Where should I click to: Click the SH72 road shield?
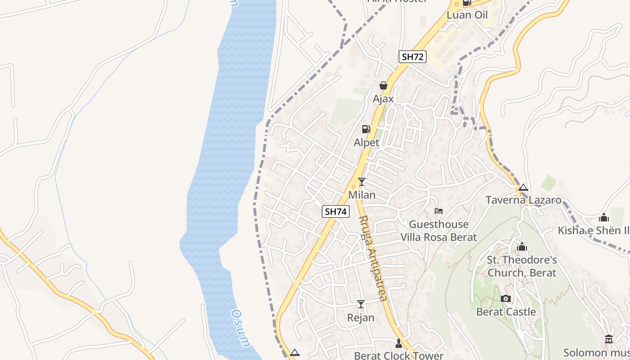[412, 57]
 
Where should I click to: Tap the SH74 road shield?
[336, 211]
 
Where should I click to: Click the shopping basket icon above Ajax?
[383, 85]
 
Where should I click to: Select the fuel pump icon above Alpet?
[366, 129]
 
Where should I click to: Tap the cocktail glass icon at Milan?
[361, 182]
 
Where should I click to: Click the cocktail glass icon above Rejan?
[360, 304]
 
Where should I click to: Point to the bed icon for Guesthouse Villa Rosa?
[438, 211]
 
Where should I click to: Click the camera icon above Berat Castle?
[506, 298]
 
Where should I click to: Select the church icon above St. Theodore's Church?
[522, 247]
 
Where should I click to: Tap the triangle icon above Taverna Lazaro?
[523, 187]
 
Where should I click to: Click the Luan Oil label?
[467, 15]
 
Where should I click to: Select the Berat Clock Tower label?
[399, 355]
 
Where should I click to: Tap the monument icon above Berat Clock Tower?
[398, 343]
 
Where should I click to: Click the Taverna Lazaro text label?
[523, 200]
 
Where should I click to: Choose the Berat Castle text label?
[506, 312]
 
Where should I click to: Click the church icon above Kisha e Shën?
[604, 218]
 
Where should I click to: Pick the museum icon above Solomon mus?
[609, 339]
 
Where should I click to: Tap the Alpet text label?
[366, 143]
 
